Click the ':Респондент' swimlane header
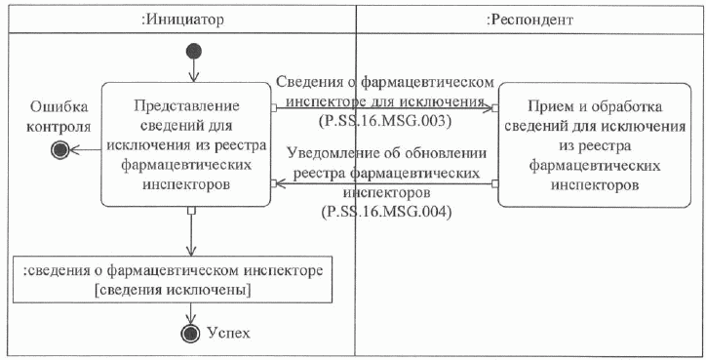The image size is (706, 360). click(x=529, y=18)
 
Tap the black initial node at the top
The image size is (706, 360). click(x=193, y=50)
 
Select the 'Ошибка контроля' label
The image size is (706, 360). click(x=60, y=116)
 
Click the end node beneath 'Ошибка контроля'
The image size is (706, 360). click(x=60, y=149)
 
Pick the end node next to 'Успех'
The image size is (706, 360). click(x=193, y=334)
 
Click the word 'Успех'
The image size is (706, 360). click(x=229, y=334)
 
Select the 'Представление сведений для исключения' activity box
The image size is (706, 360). click(x=185, y=144)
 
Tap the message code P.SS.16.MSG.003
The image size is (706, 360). click(x=384, y=120)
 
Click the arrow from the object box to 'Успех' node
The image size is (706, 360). click(x=193, y=312)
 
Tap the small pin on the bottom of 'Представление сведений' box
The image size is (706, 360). click(x=193, y=209)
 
